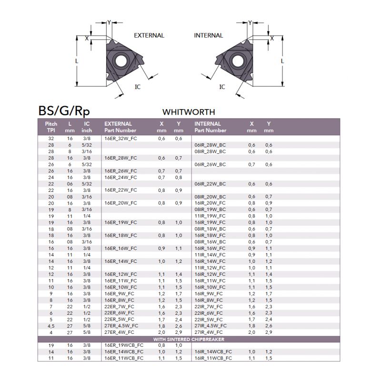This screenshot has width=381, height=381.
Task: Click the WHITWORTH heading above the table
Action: coord(189,112)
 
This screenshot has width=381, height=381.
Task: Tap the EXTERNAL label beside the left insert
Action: coord(149,35)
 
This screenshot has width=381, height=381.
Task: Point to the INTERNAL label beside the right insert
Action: coord(208,35)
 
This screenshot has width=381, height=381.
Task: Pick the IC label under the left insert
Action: coord(138,87)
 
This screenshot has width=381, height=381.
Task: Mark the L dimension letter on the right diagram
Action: coord(282,61)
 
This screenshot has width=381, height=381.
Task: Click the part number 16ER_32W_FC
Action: coord(121,138)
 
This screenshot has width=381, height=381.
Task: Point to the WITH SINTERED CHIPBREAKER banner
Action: coord(189,339)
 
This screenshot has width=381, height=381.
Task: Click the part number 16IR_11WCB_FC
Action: coord(213,358)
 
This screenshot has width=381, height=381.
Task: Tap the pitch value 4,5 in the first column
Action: coord(51,326)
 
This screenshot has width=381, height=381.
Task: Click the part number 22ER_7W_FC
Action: coord(121,307)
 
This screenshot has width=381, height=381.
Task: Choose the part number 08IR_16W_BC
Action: coord(210,241)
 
